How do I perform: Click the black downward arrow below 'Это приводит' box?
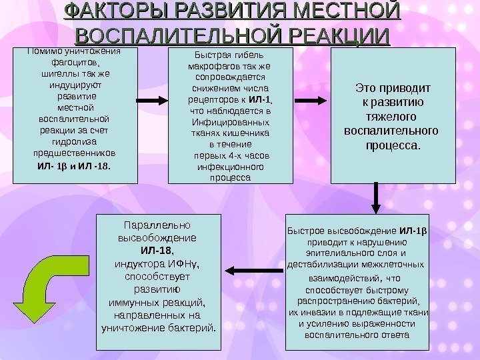377,197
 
